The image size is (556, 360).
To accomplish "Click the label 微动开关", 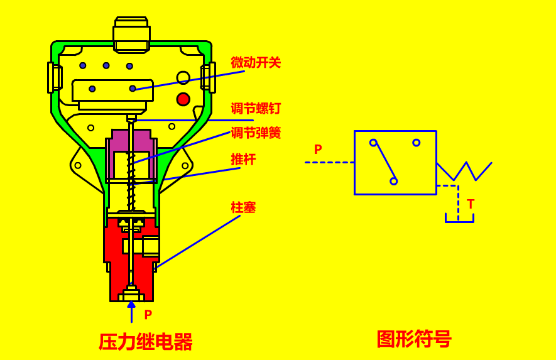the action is [256, 62].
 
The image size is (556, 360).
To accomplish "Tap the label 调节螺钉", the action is [256, 108].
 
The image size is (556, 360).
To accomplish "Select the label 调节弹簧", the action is [256, 133].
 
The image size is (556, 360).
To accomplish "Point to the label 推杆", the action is [243, 159].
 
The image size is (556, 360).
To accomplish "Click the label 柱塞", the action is [243, 207].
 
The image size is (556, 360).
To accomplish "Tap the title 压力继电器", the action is [145, 342].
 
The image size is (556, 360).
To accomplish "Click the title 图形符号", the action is [414, 339].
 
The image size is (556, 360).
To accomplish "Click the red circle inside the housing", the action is [183, 99].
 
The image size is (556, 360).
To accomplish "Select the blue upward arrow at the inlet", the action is [131, 312].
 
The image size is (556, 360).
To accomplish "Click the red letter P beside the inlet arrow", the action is [148, 314].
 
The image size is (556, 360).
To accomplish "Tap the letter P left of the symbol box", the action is [318, 150].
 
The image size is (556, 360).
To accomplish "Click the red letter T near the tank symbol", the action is [471, 204].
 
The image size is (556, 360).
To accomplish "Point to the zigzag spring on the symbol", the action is [464, 171].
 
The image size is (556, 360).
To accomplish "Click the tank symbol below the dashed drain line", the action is [459, 218].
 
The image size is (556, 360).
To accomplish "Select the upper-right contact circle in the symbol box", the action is [417, 143].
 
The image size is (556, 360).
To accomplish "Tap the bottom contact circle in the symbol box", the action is [393, 181].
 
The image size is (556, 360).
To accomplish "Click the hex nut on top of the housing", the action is [131, 35].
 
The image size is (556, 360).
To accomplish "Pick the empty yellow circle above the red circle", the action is [183, 78].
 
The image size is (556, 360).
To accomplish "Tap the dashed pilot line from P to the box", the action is [330, 163].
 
